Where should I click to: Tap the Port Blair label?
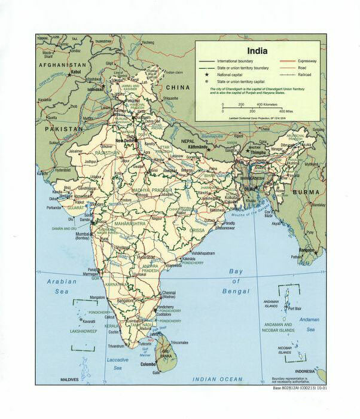294,309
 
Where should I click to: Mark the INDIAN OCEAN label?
218,379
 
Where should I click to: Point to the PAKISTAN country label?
63,129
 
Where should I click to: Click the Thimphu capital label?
260,152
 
